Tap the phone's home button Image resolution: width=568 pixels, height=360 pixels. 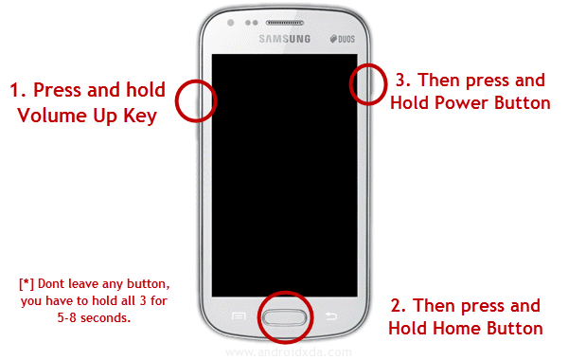tap(285, 317)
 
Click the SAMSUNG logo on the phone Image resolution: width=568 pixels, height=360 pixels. tap(285, 39)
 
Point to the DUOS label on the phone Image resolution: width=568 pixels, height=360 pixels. tap(343, 39)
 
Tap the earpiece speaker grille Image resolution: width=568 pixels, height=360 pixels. tap(284, 23)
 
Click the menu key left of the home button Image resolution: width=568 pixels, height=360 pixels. tap(239, 316)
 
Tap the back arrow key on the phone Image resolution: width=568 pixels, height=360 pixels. tap(330, 316)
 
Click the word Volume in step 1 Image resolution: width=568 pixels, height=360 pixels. tap(52, 116)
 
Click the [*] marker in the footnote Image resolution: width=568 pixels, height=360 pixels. tap(27, 284)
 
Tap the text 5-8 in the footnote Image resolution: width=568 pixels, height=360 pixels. tap(67, 318)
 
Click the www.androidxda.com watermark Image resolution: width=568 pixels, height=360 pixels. tap(289, 352)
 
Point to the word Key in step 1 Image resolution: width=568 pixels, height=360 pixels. tap(140, 117)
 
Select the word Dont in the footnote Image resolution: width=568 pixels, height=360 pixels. tap(51, 284)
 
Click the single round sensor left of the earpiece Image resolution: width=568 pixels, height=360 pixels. tap(230, 23)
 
